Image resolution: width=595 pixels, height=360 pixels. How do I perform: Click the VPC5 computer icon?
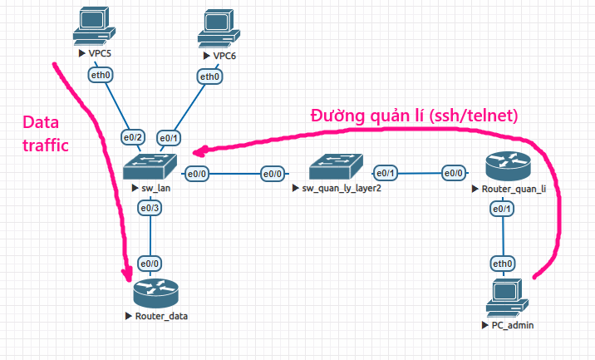[x=94, y=27]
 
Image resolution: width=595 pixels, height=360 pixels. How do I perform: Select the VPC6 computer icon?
[x=219, y=28]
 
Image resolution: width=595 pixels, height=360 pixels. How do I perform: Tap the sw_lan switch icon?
[x=150, y=166]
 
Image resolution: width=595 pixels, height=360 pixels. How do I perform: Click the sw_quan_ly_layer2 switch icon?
[x=336, y=166]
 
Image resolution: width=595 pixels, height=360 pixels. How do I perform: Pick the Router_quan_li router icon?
[x=508, y=166]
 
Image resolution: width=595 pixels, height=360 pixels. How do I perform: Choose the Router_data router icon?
[x=155, y=293]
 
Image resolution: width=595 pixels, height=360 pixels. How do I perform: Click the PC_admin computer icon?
[x=507, y=298]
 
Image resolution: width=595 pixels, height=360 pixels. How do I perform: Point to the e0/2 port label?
[x=133, y=137]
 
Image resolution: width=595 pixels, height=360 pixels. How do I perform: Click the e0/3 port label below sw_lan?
[x=150, y=208]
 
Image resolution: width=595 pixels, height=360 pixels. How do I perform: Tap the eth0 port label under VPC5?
[x=101, y=75]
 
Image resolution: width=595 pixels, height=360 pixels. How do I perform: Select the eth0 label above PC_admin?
[x=503, y=264]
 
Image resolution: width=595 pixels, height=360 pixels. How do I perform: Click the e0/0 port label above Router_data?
[x=150, y=264]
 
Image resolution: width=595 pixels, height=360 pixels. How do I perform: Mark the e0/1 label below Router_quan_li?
[x=502, y=209]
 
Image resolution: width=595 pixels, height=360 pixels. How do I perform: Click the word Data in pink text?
[x=41, y=123]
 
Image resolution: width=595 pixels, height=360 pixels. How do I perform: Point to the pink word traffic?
[x=46, y=145]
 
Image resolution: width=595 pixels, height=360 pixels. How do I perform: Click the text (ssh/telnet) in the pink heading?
[x=474, y=116]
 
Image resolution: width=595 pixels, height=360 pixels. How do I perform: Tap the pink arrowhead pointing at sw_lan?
[x=200, y=151]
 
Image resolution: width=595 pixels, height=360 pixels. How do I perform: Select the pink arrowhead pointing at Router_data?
[x=127, y=274]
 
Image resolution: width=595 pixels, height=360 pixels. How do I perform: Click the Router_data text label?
[x=161, y=316]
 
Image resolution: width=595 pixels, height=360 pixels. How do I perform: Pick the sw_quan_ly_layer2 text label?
[x=342, y=189]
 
